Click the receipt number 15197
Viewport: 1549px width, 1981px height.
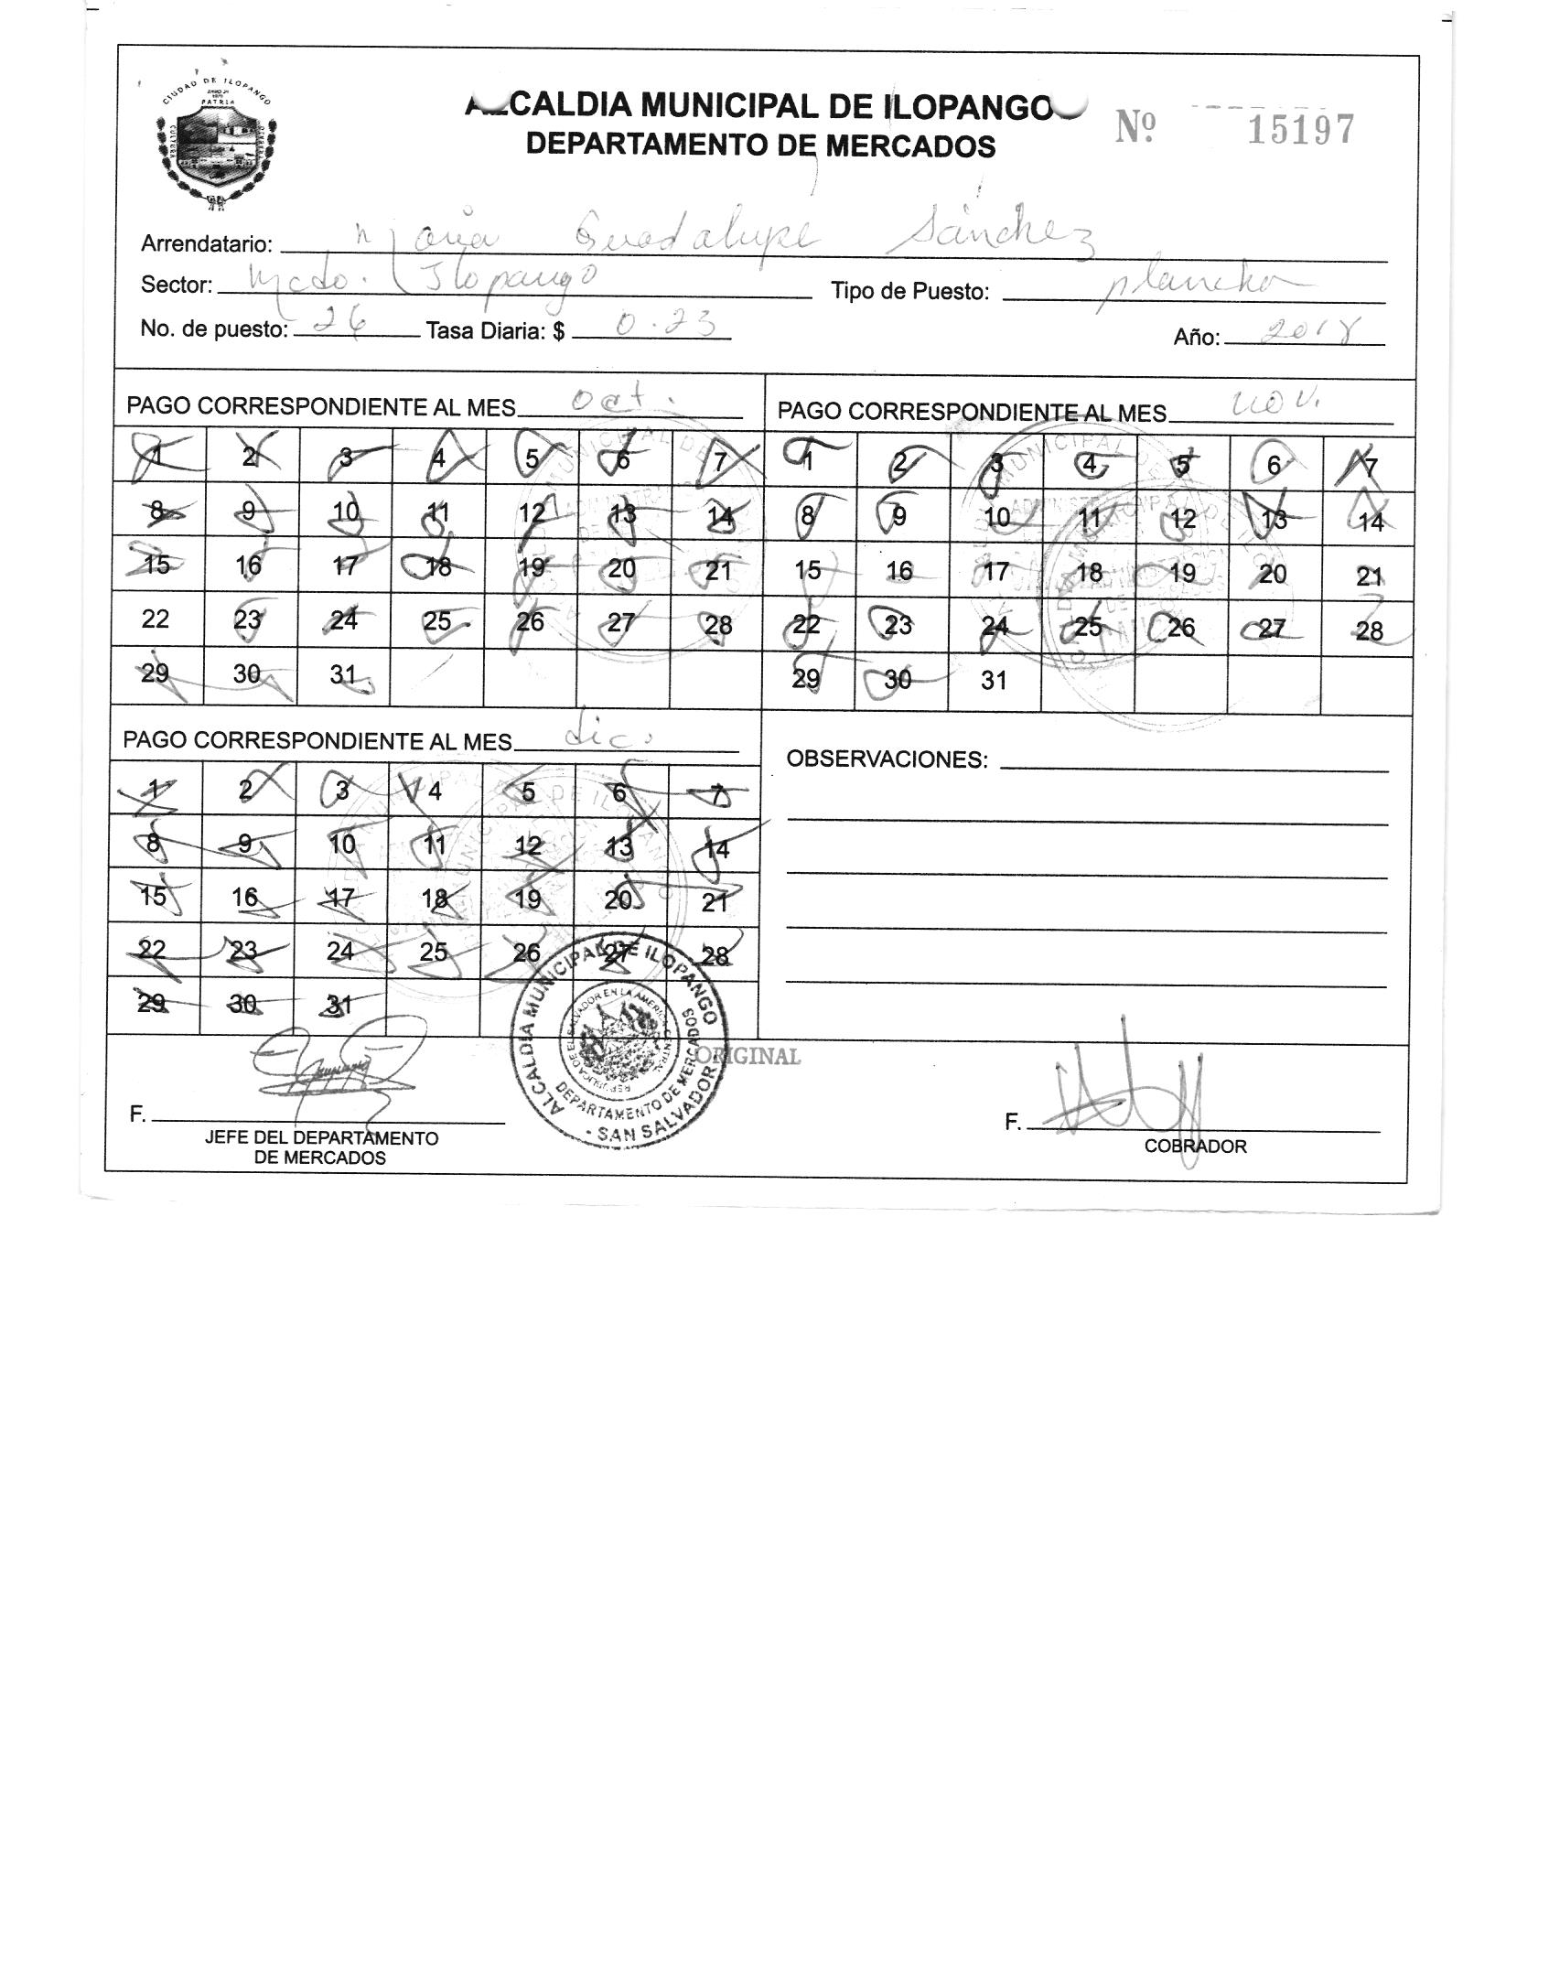coord(1300,130)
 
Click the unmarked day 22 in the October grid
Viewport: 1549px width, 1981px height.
coord(156,619)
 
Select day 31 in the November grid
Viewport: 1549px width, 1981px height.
coord(994,681)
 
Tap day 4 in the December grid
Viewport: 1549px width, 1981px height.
coord(434,791)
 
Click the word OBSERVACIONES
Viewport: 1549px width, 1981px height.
coord(887,759)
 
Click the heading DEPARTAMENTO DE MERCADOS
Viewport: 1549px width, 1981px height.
coord(760,145)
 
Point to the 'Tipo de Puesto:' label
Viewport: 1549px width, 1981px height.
coord(909,292)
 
